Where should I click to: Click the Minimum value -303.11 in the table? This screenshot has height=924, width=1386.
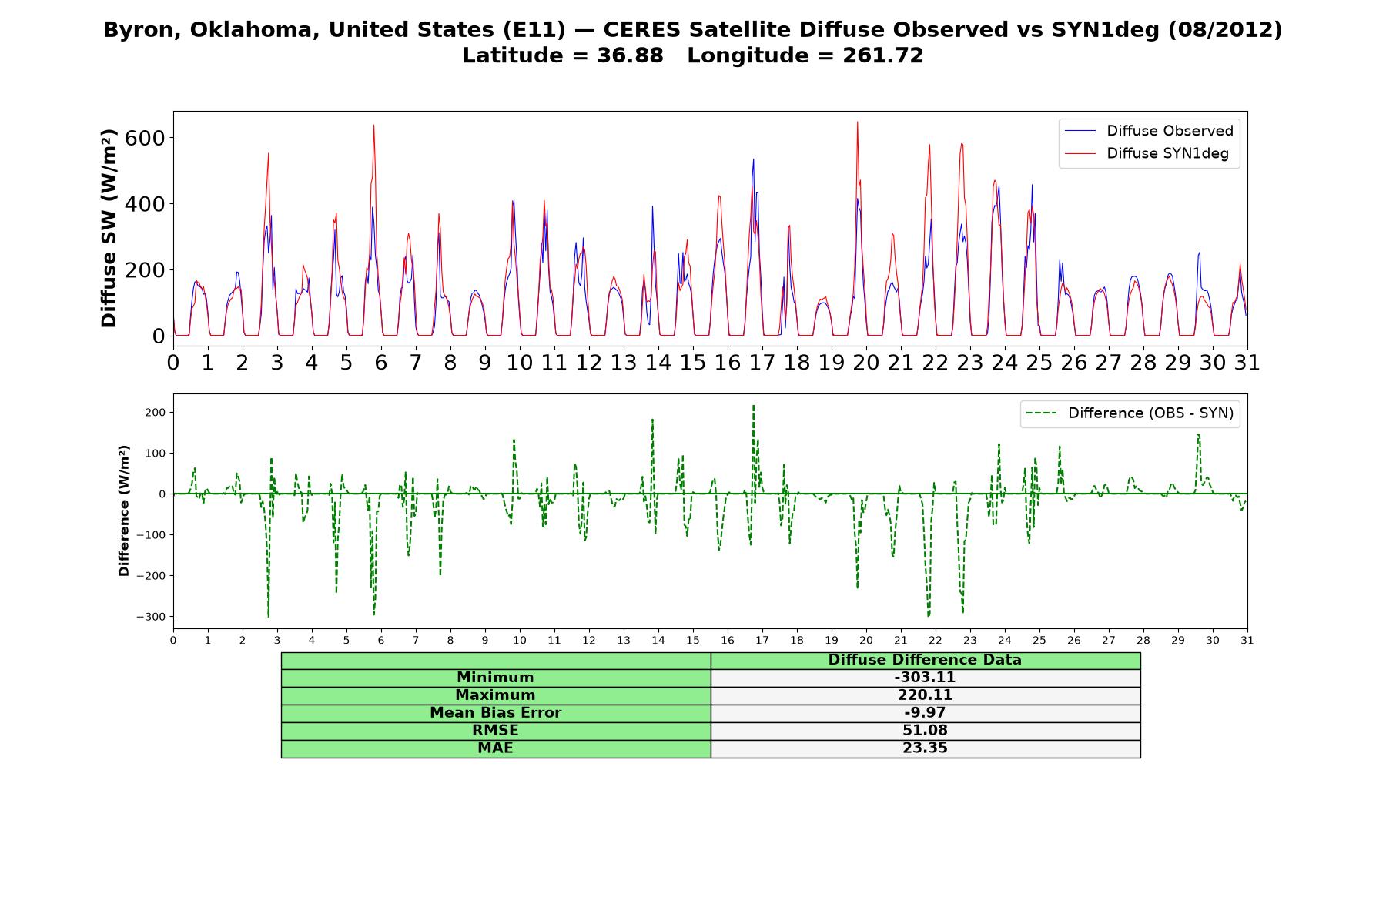(x=925, y=678)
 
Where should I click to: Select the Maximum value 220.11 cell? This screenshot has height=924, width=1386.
(x=925, y=695)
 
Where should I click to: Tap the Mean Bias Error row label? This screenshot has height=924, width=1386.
(x=495, y=713)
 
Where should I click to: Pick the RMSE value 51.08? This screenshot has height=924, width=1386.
(x=925, y=731)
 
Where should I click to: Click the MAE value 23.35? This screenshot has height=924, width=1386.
(x=925, y=748)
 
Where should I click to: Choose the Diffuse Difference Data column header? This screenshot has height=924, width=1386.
(x=925, y=660)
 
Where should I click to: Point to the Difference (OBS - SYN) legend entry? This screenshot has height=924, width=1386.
(x=1130, y=413)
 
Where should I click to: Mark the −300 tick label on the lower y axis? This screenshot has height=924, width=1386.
(x=151, y=617)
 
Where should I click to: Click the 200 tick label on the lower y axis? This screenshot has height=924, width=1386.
(x=155, y=413)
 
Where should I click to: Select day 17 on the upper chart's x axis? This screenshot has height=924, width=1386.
(x=762, y=362)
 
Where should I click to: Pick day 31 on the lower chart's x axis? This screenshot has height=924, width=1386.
(x=1247, y=640)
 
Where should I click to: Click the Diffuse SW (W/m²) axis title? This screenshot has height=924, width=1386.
(x=109, y=228)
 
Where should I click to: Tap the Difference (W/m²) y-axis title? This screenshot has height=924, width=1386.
(x=124, y=511)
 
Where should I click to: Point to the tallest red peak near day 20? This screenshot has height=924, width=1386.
(x=857, y=122)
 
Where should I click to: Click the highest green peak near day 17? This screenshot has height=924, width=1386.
(x=753, y=405)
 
